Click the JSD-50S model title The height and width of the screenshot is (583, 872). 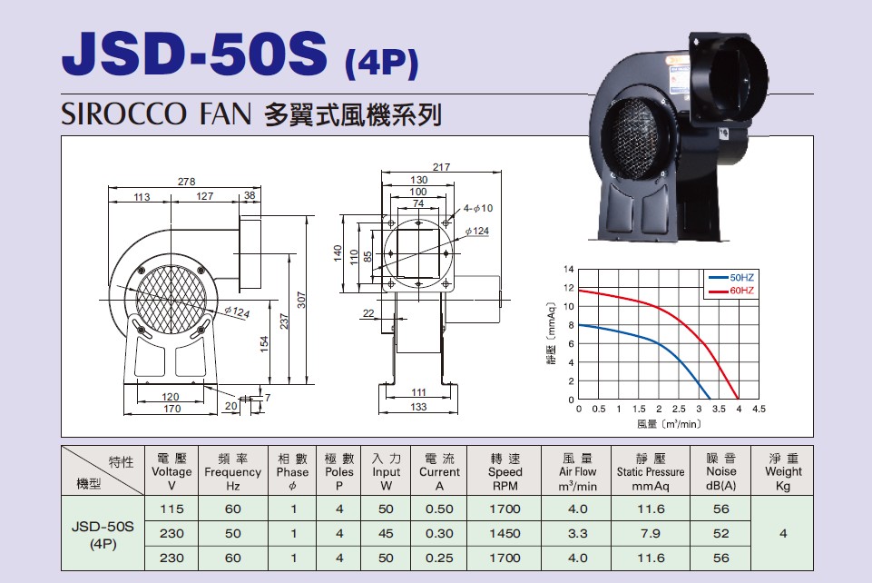pyautogui.click(x=194, y=53)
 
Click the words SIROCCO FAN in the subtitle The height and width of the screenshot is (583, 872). pyautogui.click(x=156, y=114)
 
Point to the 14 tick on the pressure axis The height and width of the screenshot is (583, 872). pyautogui.click(x=568, y=269)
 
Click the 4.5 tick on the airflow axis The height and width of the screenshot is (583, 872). pyautogui.click(x=759, y=409)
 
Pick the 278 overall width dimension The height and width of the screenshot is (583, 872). pyautogui.click(x=186, y=182)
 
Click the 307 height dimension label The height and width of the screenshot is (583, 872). pyautogui.click(x=301, y=300)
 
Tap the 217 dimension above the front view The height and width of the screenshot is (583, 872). pyautogui.click(x=441, y=167)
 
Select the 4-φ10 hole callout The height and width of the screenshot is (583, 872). pyautogui.click(x=478, y=208)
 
